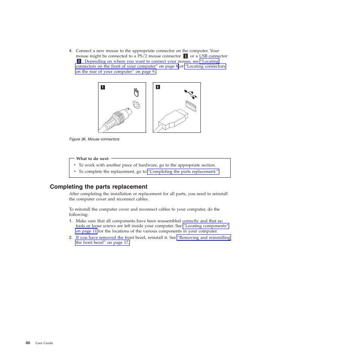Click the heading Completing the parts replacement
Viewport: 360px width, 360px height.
coord(98,187)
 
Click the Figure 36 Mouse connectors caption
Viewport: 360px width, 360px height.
coord(94,139)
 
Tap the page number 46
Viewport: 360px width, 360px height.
coord(28,343)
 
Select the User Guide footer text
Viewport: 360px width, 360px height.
coord(44,343)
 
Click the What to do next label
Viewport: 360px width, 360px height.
coord(92,158)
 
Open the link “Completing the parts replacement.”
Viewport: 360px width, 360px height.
coord(183,172)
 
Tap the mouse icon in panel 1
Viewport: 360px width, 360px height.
coord(136,92)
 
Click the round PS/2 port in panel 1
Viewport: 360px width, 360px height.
coord(136,105)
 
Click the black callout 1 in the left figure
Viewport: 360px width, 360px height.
coord(103,87)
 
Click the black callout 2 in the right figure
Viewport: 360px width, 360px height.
coord(158,87)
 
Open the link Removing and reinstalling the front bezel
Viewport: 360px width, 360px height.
coord(203,238)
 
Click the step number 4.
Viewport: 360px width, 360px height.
coord(70,51)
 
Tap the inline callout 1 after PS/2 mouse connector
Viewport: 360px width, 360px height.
coord(185,56)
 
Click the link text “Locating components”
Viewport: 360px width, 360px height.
coord(206,226)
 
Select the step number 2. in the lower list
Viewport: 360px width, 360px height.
coord(70,238)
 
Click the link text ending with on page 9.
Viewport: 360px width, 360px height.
coord(115,71)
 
